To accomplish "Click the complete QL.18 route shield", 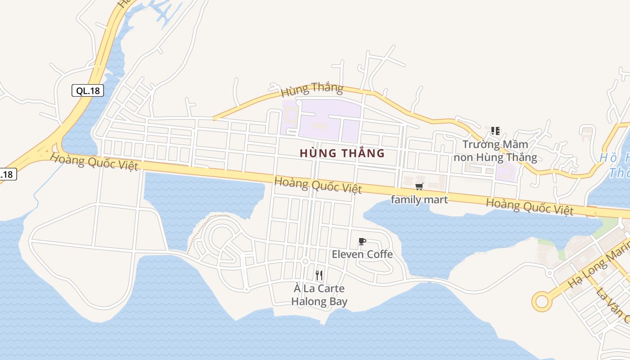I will click(x=88, y=90).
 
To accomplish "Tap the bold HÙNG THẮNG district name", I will click(x=342, y=153).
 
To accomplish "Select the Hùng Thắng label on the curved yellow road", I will click(x=311, y=89).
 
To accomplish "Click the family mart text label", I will click(x=419, y=199).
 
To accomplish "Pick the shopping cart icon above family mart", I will click(x=419, y=186).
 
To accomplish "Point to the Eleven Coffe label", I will click(x=362, y=254).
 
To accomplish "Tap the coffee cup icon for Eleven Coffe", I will click(x=362, y=242).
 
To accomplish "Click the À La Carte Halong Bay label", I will click(x=319, y=295).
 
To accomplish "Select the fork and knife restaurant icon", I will click(x=319, y=275).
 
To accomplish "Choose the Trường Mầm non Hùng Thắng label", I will click(x=495, y=151).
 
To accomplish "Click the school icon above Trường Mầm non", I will click(x=495, y=131).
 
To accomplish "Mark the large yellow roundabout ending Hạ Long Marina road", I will click(x=541, y=301).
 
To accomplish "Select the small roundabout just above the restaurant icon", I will click(x=305, y=261).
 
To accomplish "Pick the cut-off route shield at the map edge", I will click(x=8, y=174).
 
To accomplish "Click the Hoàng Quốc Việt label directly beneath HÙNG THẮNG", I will click(x=318, y=185).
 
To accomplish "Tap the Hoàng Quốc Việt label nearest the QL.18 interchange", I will click(x=94, y=162).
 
